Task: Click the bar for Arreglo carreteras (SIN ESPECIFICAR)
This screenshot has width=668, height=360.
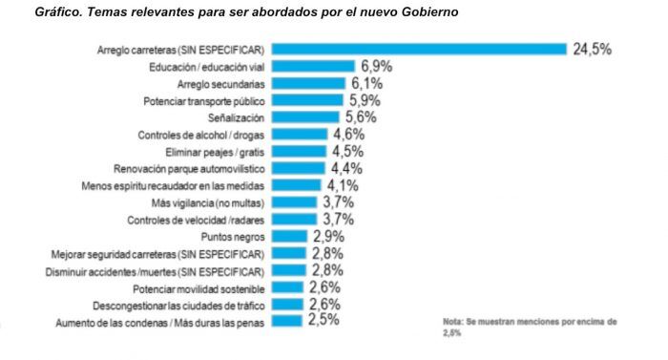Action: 420,50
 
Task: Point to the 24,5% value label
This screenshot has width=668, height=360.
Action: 592,50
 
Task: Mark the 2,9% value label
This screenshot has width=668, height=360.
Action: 327,236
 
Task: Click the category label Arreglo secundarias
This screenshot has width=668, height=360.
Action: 220,84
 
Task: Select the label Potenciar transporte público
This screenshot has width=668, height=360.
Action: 203,100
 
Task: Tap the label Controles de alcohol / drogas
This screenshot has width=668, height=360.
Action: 201,135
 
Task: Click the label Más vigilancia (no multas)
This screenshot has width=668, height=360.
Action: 208,202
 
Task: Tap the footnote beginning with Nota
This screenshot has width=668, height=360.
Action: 530,328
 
